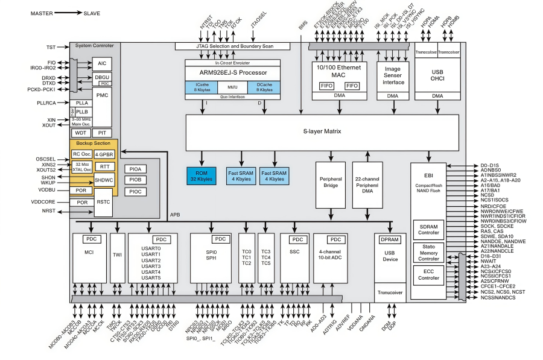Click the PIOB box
[135, 180]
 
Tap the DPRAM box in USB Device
[390, 239]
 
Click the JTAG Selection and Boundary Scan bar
[233, 46]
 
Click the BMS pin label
[303, 25]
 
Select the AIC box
[101, 64]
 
